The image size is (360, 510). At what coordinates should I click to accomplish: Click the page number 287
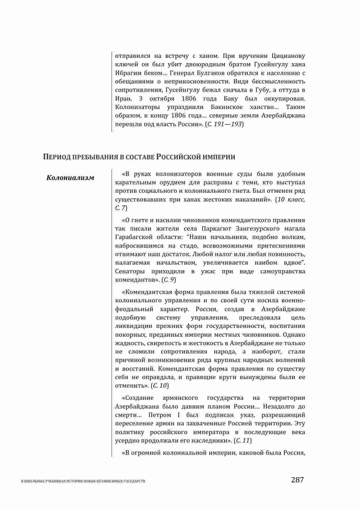[297, 480]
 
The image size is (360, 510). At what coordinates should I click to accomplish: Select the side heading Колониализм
[70, 178]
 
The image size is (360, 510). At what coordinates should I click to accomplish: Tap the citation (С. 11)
[243, 441]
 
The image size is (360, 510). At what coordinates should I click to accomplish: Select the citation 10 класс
[291, 199]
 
